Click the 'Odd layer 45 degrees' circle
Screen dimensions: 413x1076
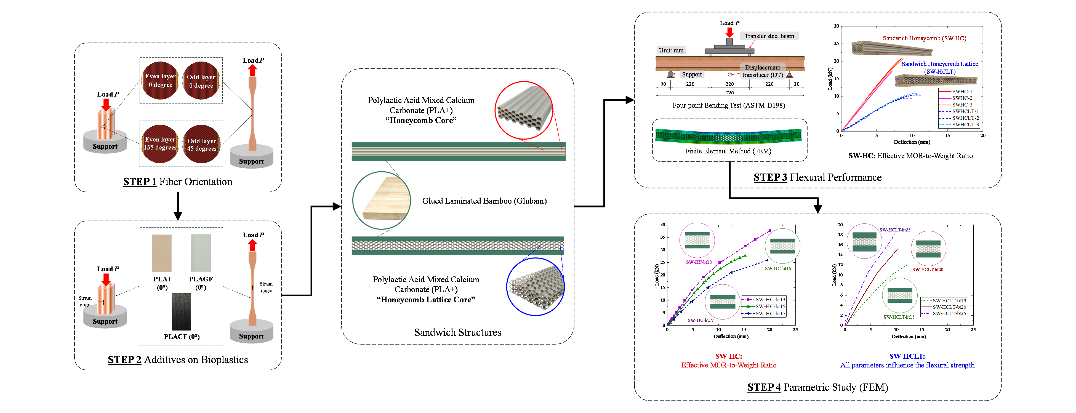[201, 144]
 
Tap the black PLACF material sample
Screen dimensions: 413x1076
[181, 311]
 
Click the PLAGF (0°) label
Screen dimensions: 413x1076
[201, 283]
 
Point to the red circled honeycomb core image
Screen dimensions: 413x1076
[524, 110]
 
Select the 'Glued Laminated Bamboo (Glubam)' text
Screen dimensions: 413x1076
[484, 201]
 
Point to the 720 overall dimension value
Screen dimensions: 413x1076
[730, 93]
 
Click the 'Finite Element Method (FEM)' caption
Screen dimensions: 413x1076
[728, 151]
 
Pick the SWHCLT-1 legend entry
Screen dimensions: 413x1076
[965, 111]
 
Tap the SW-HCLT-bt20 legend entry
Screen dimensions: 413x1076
[949, 307]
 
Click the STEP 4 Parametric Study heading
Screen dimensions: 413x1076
[817, 387]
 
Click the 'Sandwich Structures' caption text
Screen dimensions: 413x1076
[457, 332]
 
